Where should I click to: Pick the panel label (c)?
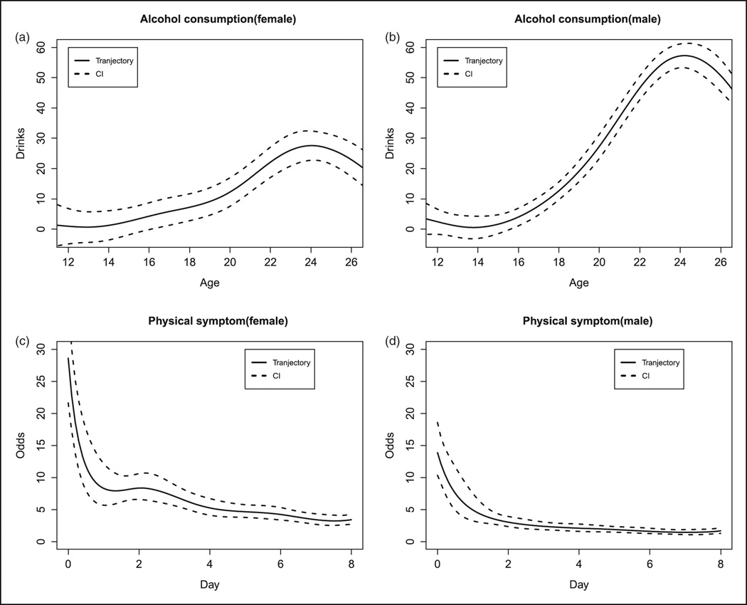tap(23, 340)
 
